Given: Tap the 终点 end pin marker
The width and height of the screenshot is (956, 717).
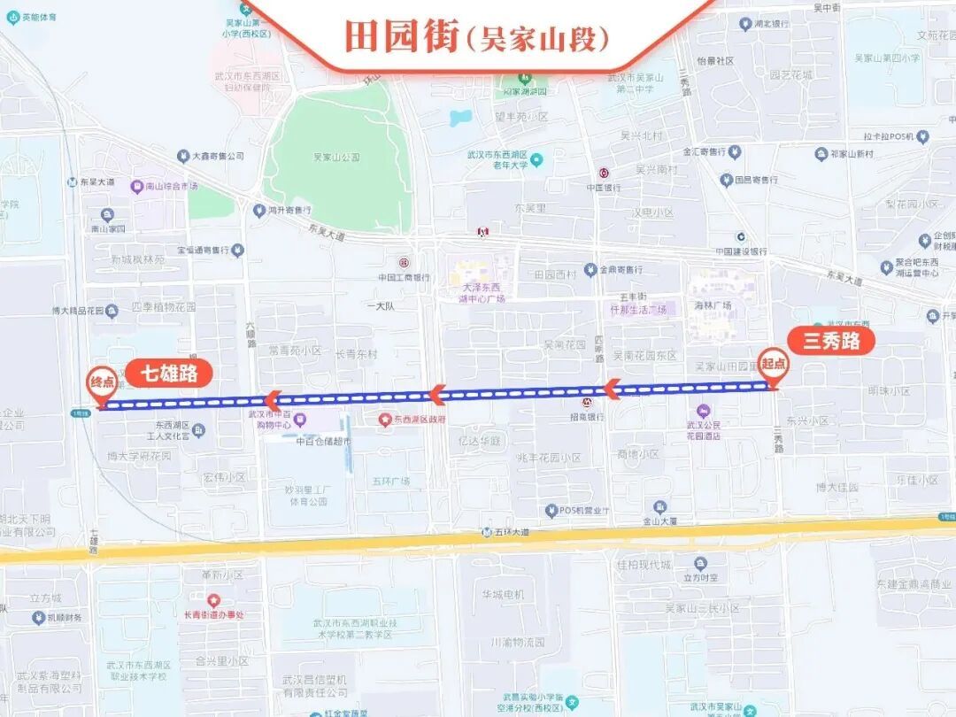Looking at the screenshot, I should click(102, 384).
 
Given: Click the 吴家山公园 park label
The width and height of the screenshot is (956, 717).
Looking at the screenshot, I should click(336, 157).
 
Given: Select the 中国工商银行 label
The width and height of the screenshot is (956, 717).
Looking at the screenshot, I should click(404, 277).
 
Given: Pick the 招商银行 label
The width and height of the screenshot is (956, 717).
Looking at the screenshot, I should click(587, 417).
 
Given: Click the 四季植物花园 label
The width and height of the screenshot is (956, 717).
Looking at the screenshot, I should click(163, 307).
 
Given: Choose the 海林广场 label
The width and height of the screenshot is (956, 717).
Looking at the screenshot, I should click(712, 305).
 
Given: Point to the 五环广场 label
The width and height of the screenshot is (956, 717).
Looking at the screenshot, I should click(390, 482).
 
